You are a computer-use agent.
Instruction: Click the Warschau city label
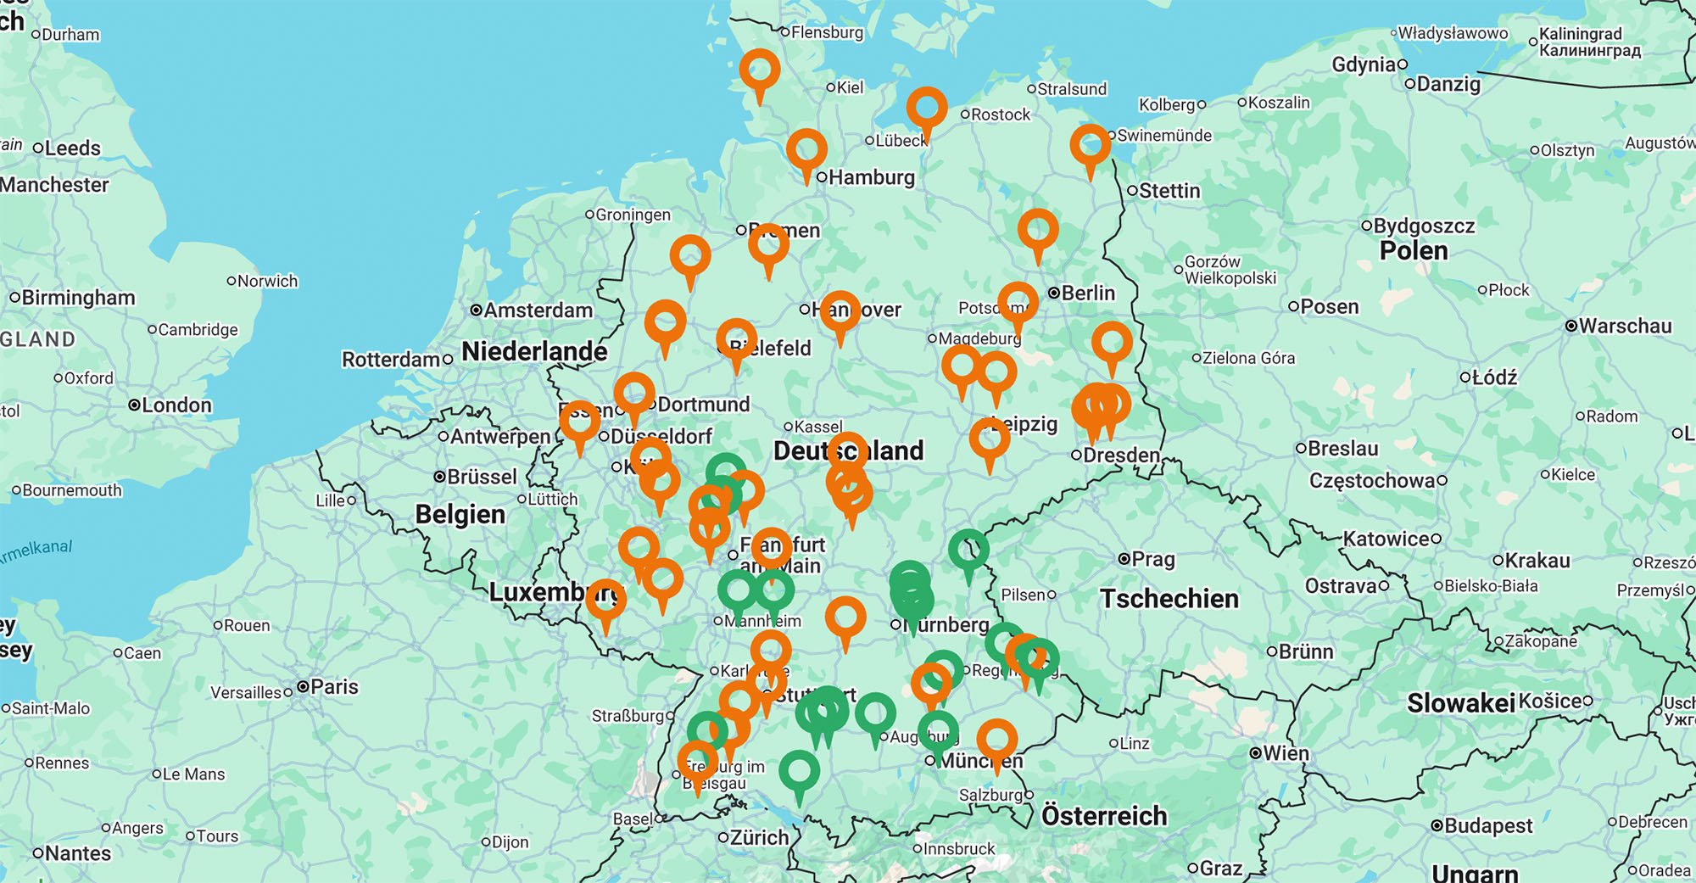pyautogui.click(x=1624, y=327)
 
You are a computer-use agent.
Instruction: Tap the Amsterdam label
pyautogui.click(x=538, y=310)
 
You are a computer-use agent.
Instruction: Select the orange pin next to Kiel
pyautogui.click(x=760, y=69)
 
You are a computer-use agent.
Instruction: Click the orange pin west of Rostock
pyautogui.click(x=926, y=108)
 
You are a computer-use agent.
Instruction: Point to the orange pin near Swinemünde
pyautogui.click(x=1090, y=145)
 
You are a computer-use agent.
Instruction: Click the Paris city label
pyautogui.click(x=333, y=687)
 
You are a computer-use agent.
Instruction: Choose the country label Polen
pyautogui.click(x=1413, y=251)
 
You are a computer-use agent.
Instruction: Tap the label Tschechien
pyautogui.click(x=1169, y=599)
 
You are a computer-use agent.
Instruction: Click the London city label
pyautogui.click(x=176, y=405)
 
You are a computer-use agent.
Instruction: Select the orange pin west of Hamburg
pyautogui.click(x=806, y=150)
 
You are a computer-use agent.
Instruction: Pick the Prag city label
pyautogui.click(x=1152, y=560)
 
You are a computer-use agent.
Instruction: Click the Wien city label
pyautogui.click(x=1285, y=753)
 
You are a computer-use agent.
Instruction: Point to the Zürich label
pyautogui.click(x=758, y=838)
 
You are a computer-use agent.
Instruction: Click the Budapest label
pyautogui.click(x=1487, y=826)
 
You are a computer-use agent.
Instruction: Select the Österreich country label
pyautogui.click(x=1103, y=816)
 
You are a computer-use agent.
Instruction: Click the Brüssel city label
pyautogui.click(x=481, y=477)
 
